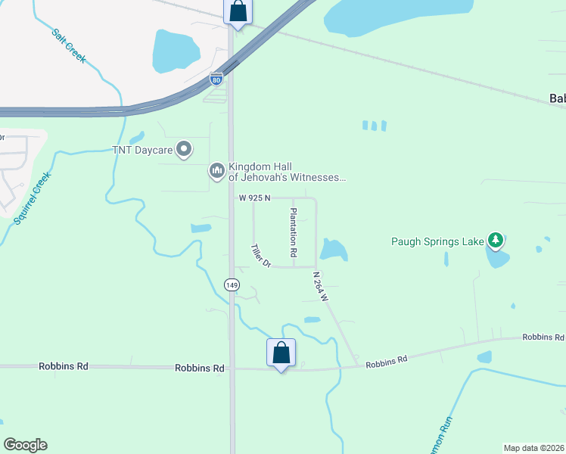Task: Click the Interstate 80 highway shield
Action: (x=216, y=77)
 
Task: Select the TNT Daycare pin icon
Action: (x=184, y=149)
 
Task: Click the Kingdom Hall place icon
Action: (x=217, y=172)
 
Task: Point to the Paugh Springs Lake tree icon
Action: (x=496, y=241)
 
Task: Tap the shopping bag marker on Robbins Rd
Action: (x=281, y=353)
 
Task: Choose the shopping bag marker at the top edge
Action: (x=238, y=11)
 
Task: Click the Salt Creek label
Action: (x=69, y=45)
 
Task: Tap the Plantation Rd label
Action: (x=294, y=231)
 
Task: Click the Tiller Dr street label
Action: (x=261, y=255)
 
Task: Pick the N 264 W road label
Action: (x=321, y=288)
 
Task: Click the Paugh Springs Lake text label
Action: (x=437, y=242)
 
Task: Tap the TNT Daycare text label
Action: (x=143, y=150)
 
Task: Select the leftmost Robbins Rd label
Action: (x=64, y=366)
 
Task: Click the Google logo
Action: (x=25, y=445)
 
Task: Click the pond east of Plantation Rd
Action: (x=333, y=250)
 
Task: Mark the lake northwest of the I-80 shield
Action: (x=176, y=51)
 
